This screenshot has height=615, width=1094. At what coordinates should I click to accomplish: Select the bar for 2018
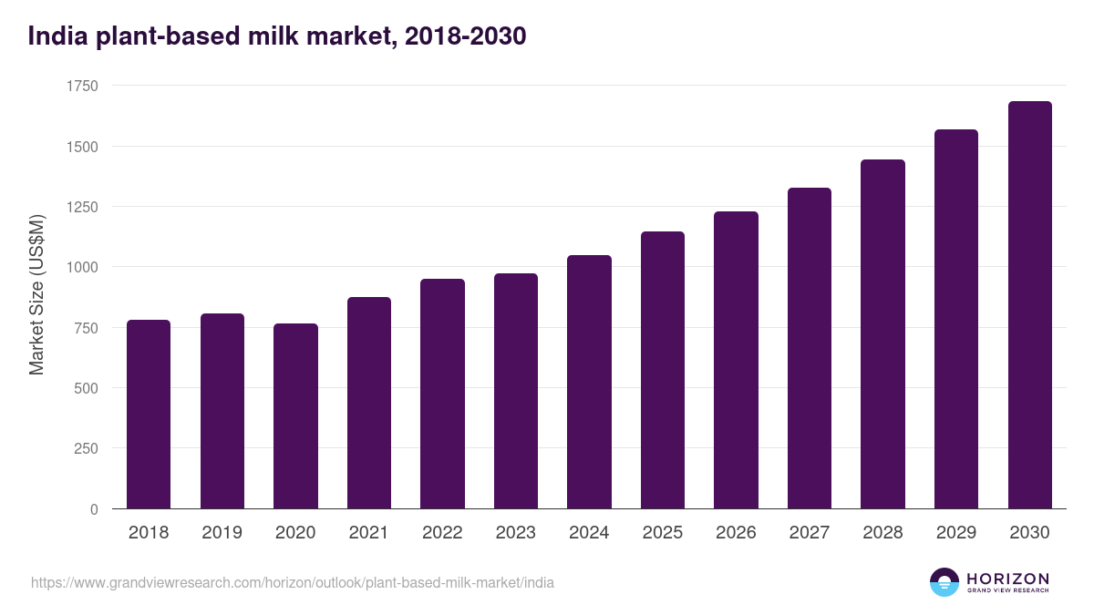[149, 415]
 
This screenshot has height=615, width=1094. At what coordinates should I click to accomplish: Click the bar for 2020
[295, 416]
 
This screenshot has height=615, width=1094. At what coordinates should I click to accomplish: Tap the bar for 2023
[516, 392]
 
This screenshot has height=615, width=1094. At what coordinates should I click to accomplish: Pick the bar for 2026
[736, 360]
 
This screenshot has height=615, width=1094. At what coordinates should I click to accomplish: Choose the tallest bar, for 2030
[1029, 305]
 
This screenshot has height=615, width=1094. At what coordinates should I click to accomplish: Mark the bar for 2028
[882, 334]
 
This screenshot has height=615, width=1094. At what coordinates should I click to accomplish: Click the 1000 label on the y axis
[82, 267]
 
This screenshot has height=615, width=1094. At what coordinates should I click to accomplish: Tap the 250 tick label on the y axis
[86, 448]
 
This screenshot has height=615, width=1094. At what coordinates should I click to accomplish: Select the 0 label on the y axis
[94, 509]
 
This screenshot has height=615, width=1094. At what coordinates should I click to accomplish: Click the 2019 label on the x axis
[222, 533]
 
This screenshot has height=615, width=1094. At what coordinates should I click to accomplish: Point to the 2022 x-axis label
[442, 533]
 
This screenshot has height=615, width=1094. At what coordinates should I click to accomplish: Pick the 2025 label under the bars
[663, 533]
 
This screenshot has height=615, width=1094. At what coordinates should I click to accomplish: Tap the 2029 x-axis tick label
[956, 533]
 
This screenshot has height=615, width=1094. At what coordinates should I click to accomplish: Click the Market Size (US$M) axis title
[36, 295]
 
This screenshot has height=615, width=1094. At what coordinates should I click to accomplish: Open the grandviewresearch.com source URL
[292, 582]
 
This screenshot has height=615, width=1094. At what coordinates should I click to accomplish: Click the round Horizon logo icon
[944, 582]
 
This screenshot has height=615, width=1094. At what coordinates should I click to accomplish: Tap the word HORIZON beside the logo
[1007, 578]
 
